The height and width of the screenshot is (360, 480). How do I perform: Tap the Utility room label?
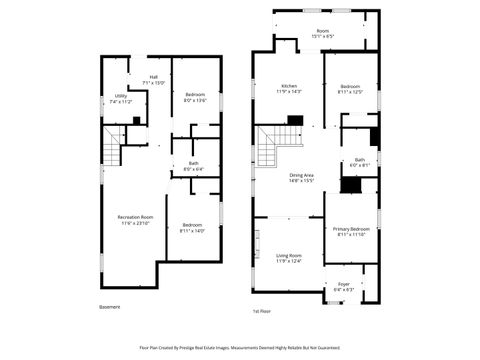[120, 98]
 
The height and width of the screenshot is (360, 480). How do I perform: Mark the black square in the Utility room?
[136, 120]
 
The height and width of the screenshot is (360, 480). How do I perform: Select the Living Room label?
[289, 258]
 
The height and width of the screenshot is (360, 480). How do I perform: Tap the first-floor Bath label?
[359, 162]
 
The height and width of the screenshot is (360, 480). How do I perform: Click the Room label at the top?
[323, 33]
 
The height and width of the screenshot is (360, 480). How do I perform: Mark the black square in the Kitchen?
[294, 120]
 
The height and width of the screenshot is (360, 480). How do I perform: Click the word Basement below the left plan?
[111, 306]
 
